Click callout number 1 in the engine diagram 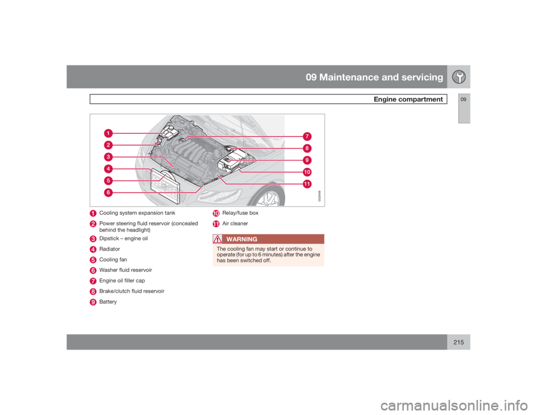click(x=107, y=133)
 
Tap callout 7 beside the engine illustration click(x=307, y=136)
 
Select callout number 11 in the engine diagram click(x=307, y=184)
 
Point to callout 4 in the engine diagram click(x=107, y=168)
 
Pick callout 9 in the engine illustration click(x=307, y=160)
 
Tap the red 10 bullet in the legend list click(x=215, y=213)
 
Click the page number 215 click(x=459, y=342)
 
